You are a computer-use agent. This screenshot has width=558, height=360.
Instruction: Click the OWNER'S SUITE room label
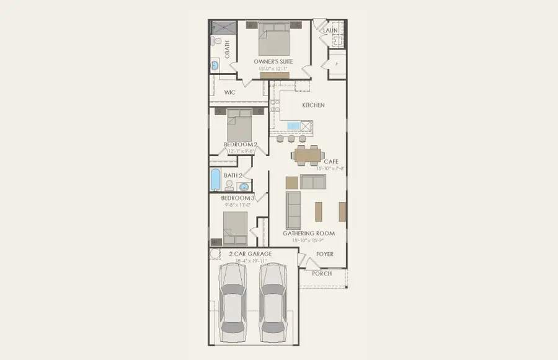tap(273, 61)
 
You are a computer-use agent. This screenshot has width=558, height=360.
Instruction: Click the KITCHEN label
tap(313, 105)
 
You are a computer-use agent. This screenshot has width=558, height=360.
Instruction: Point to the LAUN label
tap(330, 30)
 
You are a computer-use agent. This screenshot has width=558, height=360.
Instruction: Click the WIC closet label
tap(229, 92)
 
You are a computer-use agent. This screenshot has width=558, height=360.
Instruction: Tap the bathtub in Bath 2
tap(215, 180)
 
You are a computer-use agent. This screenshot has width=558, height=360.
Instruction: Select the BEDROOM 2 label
tap(241, 144)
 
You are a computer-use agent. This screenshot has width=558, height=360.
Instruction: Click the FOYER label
tap(324, 254)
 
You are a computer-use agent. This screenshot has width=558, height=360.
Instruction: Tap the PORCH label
tap(322, 273)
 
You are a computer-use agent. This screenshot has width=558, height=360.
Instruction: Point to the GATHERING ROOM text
tap(309, 234)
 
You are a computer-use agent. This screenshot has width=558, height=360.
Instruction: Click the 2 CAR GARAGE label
tap(250, 253)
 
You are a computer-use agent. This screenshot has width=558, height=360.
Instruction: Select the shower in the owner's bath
tap(221, 27)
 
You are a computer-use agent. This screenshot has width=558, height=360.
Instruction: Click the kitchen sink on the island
tap(293, 126)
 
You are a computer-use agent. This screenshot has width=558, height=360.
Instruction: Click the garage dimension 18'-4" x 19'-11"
tap(250, 261)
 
